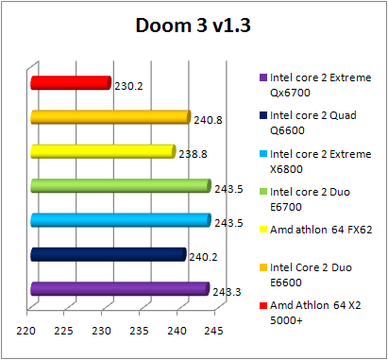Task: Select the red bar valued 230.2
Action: [x=71, y=83]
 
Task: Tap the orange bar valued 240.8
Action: [x=110, y=117]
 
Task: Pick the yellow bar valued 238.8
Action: [x=103, y=151]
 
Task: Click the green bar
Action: [x=120, y=186]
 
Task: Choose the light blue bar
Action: [x=120, y=220]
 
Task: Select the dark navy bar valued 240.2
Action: [x=108, y=254]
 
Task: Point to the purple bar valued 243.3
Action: [x=119, y=288]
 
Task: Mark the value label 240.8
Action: [x=208, y=120]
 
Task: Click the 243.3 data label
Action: [x=228, y=291]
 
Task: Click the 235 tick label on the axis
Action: [x=138, y=331]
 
